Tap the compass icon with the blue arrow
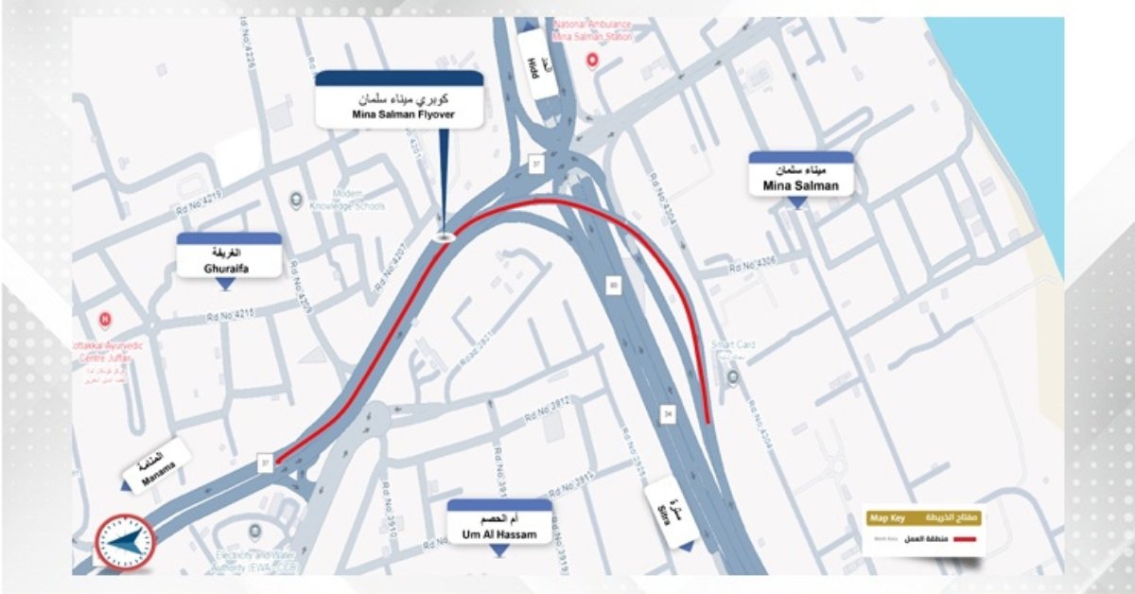click(124, 542)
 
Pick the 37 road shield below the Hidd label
click(536, 165)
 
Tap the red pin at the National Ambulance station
click(593, 61)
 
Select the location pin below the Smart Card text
click(733, 378)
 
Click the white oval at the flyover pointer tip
click(444, 237)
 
